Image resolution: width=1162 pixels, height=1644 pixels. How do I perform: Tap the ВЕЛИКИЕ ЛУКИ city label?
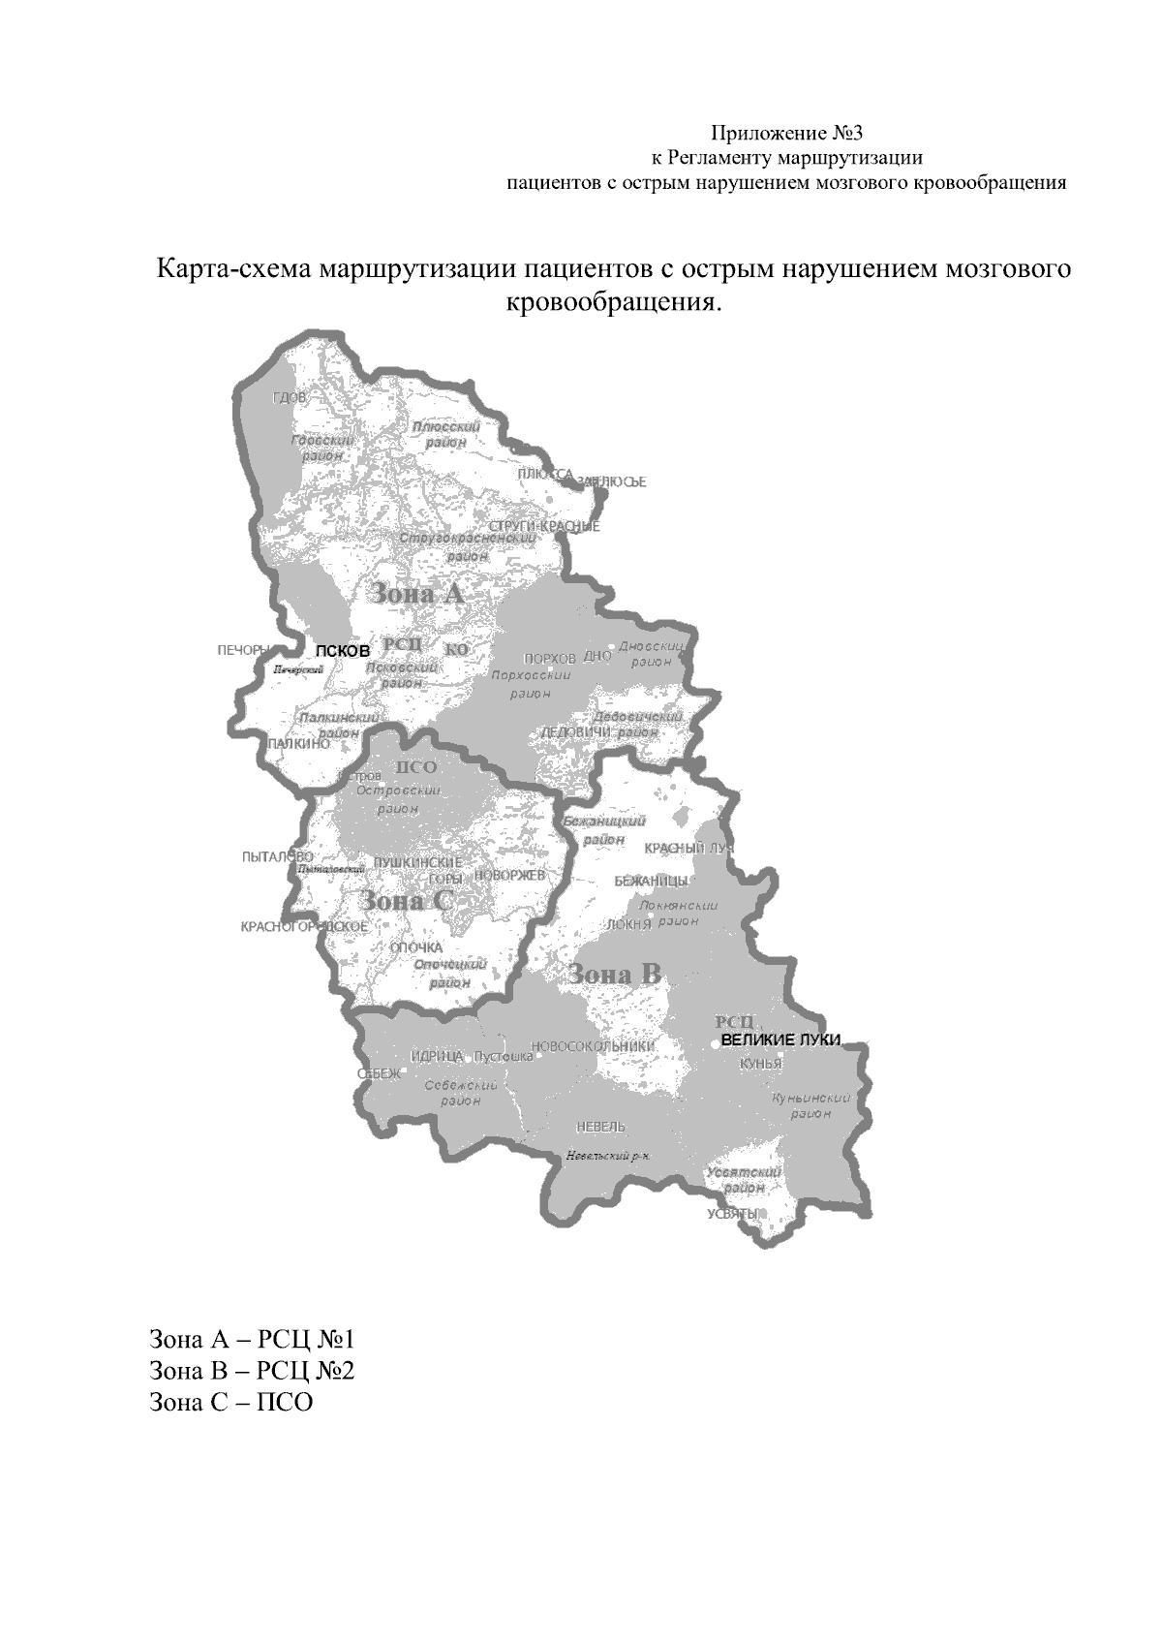click(780, 1040)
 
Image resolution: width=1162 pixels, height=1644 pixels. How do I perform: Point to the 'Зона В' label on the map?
click(615, 974)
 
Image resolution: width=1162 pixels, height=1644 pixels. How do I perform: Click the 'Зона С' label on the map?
click(406, 901)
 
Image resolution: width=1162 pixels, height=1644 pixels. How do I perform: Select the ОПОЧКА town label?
click(415, 947)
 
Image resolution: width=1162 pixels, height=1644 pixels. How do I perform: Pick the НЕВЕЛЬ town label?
click(600, 1127)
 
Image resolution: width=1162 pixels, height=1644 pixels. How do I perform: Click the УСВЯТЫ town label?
click(731, 1214)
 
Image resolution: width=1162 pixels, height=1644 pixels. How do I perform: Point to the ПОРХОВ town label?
click(549, 658)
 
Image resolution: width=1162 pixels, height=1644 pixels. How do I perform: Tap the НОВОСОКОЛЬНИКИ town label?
click(594, 1046)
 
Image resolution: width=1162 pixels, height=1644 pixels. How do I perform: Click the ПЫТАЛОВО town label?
click(277, 857)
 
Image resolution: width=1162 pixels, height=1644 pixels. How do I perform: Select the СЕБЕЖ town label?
click(378, 1073)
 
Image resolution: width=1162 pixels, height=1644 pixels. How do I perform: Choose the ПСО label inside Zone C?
click(416, 767)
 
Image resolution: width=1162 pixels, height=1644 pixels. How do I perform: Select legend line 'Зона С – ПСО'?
click(231, 1402)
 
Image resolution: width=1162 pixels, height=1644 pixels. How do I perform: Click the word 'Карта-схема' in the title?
click(233, 268)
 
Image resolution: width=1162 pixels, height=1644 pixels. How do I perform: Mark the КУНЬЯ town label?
click(760, 1064)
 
